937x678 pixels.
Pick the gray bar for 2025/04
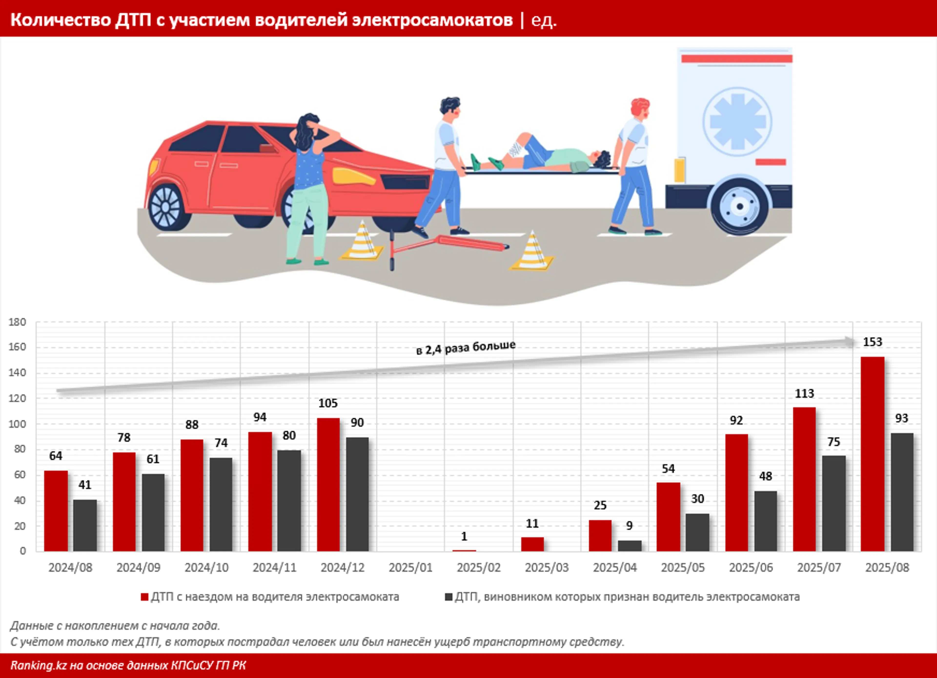[629, 546]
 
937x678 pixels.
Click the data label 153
[872, 342]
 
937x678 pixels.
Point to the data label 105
[328, 403]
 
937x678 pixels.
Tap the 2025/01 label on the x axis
[410, 568]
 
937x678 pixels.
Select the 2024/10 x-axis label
[206, 568]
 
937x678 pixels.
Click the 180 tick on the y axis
[17, 322]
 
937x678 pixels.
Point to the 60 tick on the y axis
[20, 475]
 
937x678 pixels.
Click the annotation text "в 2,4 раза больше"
[466, 347]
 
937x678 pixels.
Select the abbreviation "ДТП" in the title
[133, 20]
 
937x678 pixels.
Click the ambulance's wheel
[740, 206]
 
